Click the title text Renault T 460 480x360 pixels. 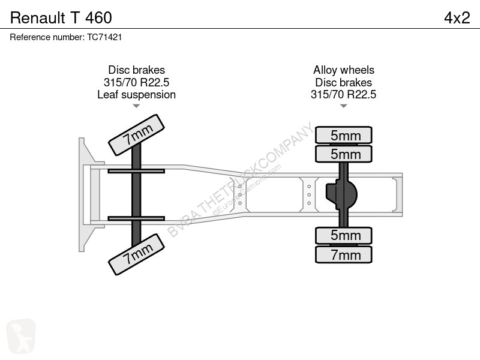click(x=61, y=18)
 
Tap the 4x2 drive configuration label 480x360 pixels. click(x=457, y=18)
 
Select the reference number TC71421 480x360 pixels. click(x=104, y=37)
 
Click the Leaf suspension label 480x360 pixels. click(x=137, y=95)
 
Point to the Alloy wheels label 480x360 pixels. click(x=343, y=70)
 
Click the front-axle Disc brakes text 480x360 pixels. click(x=137, y=70)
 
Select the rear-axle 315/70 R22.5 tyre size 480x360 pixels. click(x=343, y=95)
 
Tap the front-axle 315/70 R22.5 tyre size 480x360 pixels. click(x=137, y=82)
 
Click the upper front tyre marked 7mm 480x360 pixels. click(x=137, y=135)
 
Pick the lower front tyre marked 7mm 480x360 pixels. click(x=137, y=254)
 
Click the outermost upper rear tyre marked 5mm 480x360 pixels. click(x=344, y=135)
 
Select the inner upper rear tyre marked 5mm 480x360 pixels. click(x=344, y=154)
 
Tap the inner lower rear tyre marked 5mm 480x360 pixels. click(x=344, y=235)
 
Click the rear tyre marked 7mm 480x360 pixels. click(x=344, y=254)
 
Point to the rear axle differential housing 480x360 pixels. click(x=341, y=194)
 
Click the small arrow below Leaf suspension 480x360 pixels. click(x=136, y=106)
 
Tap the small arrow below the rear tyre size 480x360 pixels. click(x=343, y=106)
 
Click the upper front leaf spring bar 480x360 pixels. click(x=136, y=171)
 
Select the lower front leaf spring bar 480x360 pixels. click(x=136, y=218)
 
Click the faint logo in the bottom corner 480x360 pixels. click(x=21, y=336)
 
